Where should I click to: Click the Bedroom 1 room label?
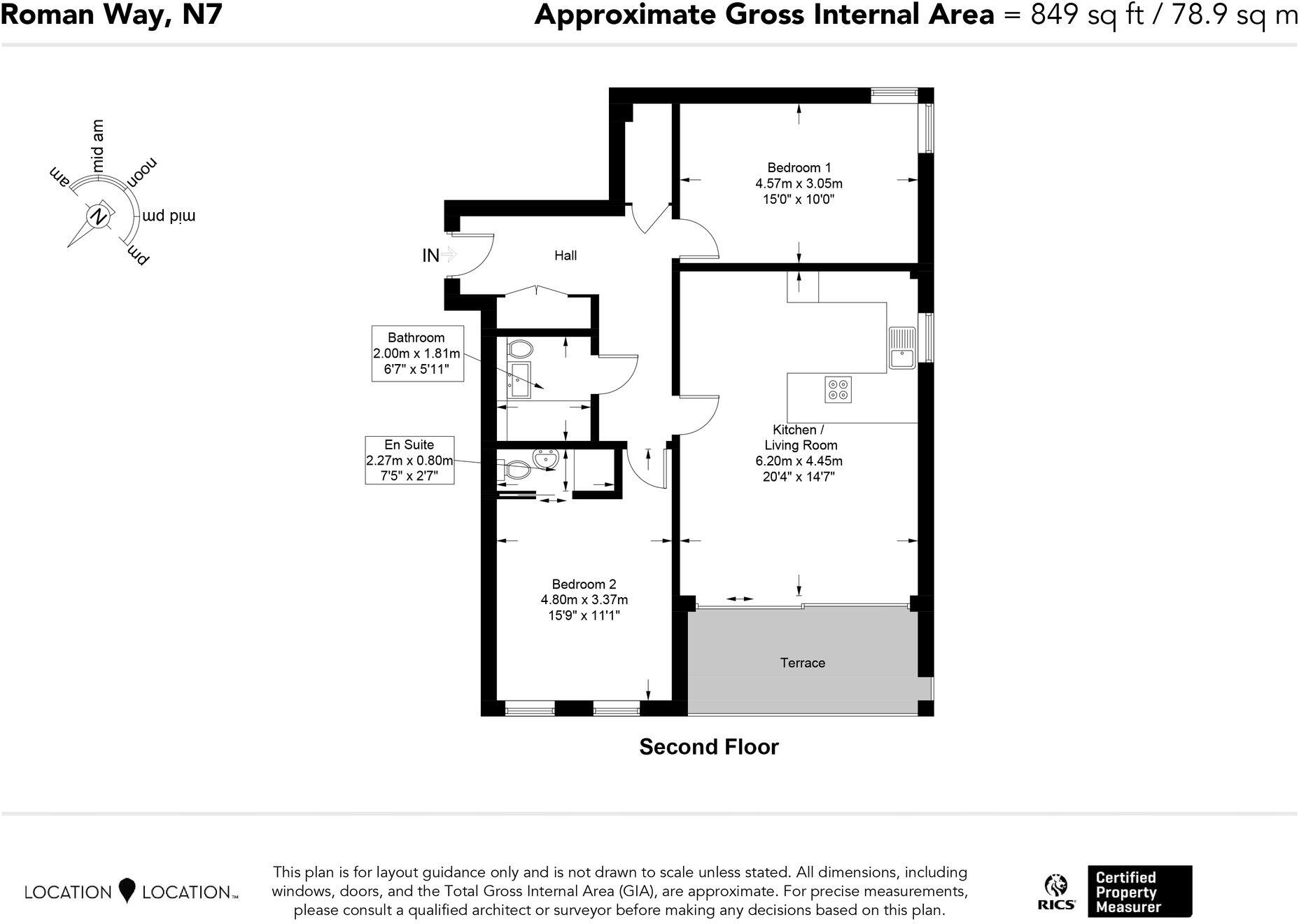point(799,168)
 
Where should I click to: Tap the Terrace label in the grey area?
point(802,663)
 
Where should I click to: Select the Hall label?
point(566,255)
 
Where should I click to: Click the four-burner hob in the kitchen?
point(838,390)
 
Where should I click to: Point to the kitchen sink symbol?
point(902,348)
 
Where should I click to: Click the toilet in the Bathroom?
point(520,348)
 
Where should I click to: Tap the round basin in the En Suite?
point(545,459)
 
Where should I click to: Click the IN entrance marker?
point(431,255)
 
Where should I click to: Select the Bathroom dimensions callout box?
point(417,353)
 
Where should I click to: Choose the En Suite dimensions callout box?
point(409,461)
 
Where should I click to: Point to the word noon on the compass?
point(141,172)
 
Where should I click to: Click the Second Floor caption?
point(708,747)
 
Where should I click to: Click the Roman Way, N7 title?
point(112,15)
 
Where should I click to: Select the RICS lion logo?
point(1055,891)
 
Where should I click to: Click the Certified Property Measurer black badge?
point(1139,892)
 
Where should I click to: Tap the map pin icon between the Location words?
point(127,890)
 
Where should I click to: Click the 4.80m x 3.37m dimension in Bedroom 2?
point(584,600)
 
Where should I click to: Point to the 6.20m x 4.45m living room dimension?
point(799,461)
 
